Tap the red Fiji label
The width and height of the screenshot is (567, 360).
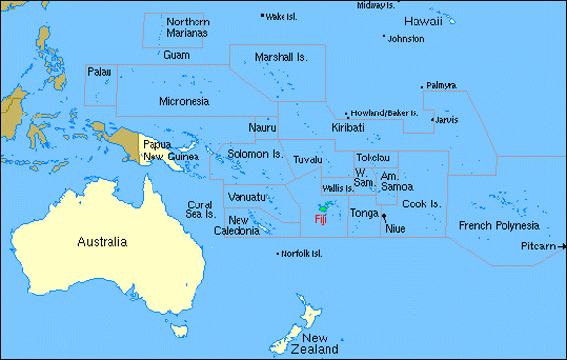320,220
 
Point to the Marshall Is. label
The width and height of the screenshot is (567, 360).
281,58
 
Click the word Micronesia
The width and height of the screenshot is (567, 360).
184,100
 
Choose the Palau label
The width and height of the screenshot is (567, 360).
99,72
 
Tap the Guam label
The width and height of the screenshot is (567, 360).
177,55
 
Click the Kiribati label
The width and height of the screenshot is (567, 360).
348,128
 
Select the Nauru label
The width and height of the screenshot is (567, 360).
262,128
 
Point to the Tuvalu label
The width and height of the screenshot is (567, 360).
307,158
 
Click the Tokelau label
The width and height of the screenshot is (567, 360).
372,157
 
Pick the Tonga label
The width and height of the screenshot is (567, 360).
364,213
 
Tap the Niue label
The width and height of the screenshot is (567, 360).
395,228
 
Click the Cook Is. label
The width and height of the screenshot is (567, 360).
421,203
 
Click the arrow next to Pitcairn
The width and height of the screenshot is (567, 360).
561,246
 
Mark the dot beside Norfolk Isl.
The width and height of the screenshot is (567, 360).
277,254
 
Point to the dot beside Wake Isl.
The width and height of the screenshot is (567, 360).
262,16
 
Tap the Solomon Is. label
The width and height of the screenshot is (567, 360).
254,154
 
